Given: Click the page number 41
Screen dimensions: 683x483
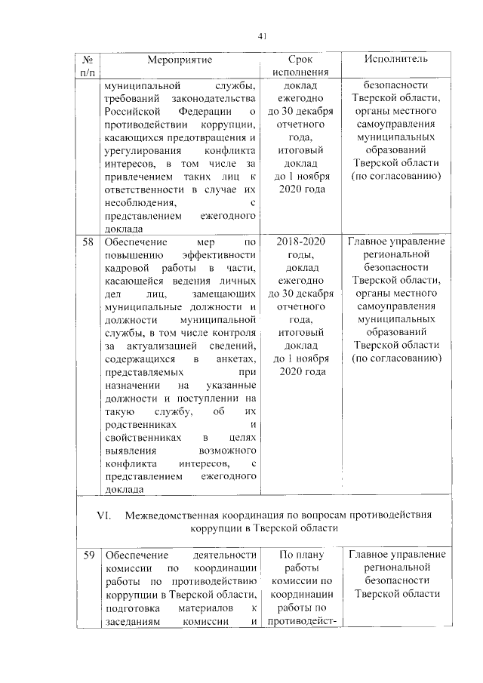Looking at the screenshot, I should click(263, 36).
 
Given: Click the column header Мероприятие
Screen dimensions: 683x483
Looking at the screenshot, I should click(180, 59).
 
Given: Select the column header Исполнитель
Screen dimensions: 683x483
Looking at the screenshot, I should click(396, 59).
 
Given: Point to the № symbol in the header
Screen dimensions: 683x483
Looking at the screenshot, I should click(88, 59).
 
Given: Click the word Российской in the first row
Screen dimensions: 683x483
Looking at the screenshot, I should click(131, 112).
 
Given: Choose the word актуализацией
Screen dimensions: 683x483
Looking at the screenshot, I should click(158, 346).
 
